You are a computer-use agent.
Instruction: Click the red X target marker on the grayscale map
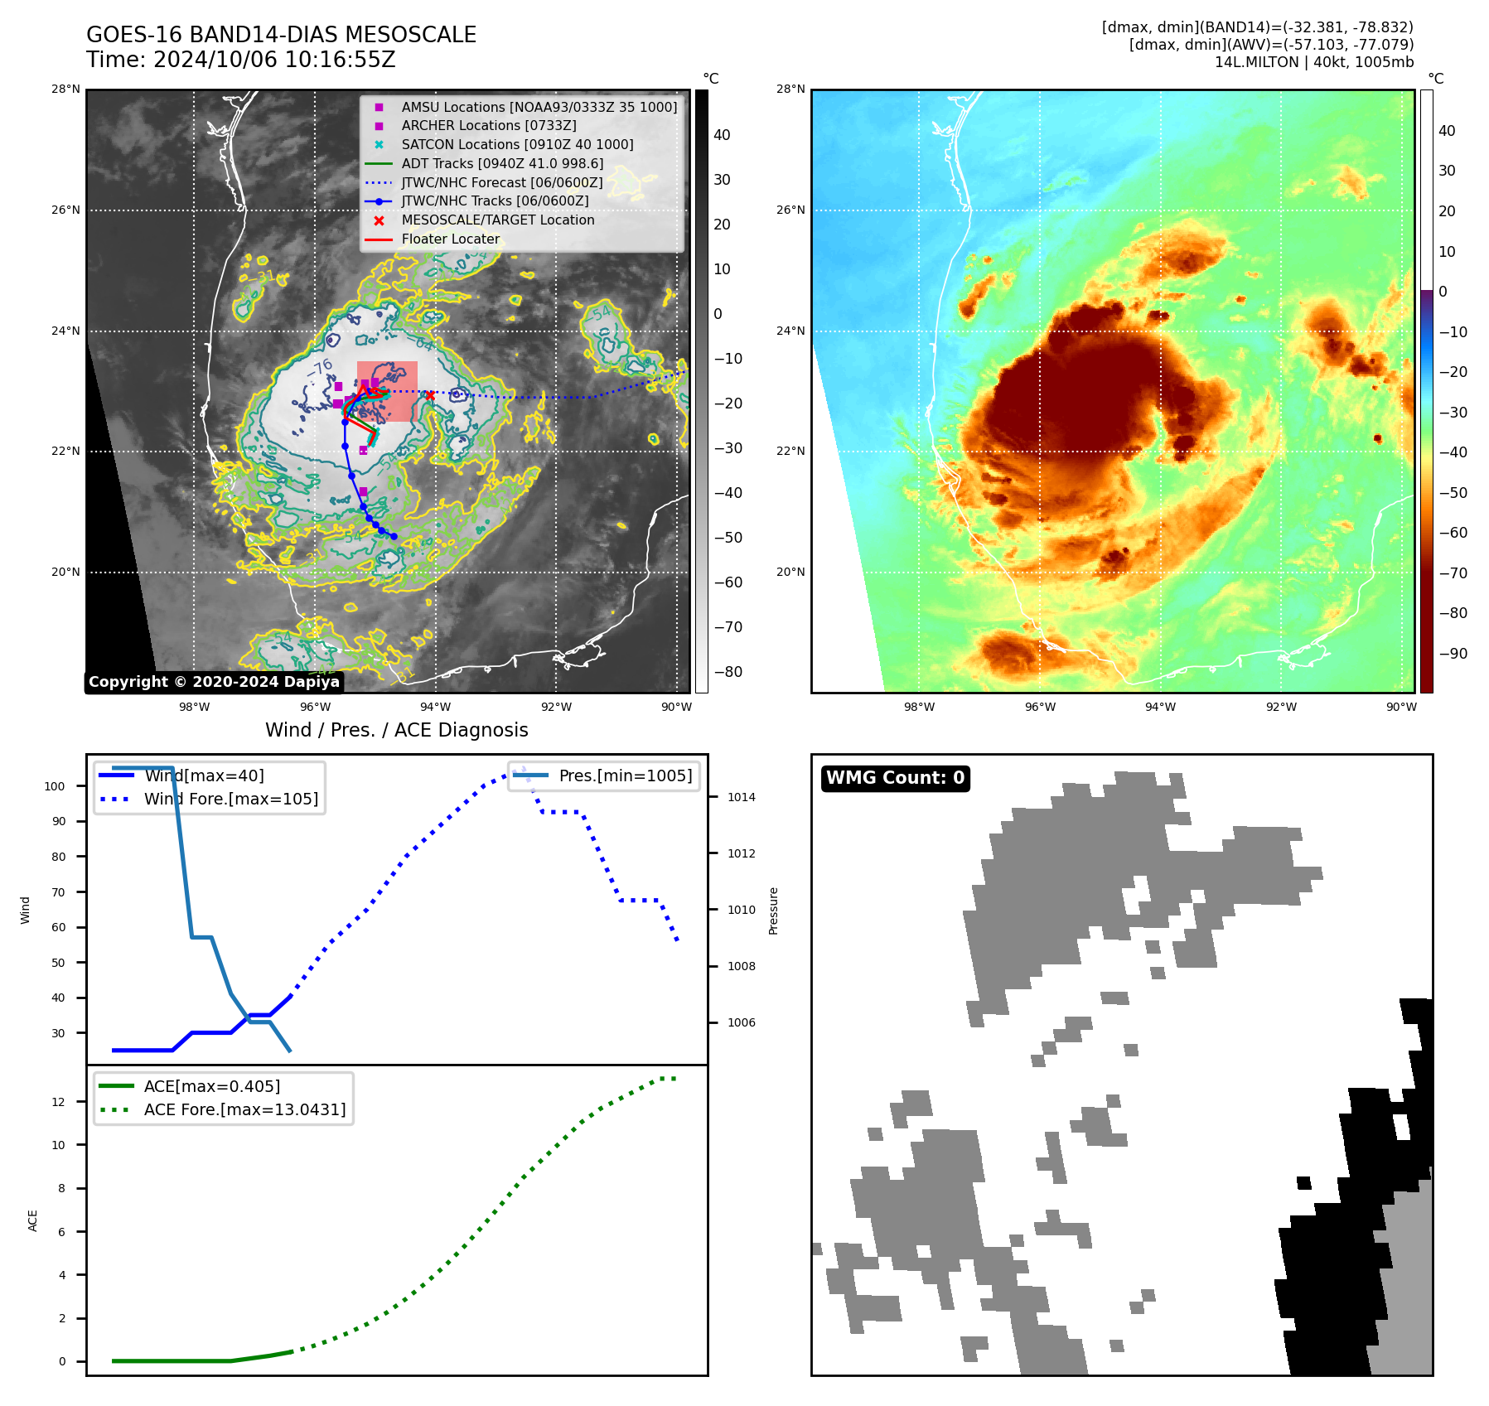430,396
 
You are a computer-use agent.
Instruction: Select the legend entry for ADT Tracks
502,163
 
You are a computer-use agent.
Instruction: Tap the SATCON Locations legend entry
517,144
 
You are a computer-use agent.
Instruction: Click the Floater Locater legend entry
450,239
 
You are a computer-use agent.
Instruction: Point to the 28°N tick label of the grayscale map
65,89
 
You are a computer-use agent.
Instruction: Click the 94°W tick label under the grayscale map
435,707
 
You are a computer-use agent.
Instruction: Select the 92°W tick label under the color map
1281,707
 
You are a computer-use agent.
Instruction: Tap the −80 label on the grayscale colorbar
728,672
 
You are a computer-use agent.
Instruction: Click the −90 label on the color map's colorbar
1453,654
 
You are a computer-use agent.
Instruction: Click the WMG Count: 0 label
895,778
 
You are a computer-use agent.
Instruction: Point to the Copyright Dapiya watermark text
214,682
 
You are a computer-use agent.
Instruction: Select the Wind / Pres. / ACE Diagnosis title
396,730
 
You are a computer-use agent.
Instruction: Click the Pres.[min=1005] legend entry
625,776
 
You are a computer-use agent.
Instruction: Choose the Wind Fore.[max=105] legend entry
230,800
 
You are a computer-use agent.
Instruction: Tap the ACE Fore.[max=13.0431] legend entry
244,1109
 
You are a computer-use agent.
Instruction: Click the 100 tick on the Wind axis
55,786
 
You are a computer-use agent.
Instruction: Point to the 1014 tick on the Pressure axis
741,797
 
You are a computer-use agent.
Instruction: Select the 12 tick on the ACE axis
58,1102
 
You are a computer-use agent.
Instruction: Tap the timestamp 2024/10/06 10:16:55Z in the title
274,60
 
